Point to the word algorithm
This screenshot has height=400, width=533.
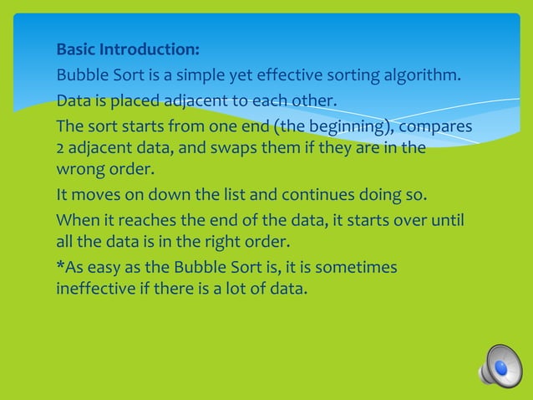click(x=421, y=77)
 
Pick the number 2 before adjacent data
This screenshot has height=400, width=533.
click(x=60, y=149)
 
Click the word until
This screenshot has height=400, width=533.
click(x=447, y=222)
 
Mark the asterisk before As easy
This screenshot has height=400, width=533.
click(x=59, y=267)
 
